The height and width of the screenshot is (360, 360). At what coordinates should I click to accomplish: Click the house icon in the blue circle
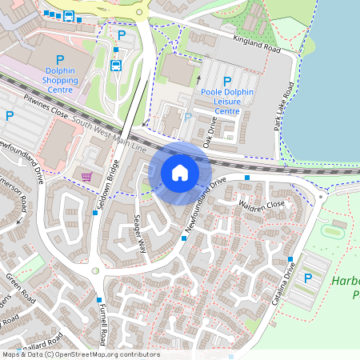[x=180, y=173]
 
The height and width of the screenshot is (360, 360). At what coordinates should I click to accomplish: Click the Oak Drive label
[x=210, y=131]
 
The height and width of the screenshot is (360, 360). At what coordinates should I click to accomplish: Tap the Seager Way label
[x=138, y=235]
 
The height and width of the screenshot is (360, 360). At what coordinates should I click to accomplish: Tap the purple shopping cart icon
[x=86, y=176]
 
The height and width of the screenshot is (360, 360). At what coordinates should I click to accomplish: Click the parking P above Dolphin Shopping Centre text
[x=60, y=60]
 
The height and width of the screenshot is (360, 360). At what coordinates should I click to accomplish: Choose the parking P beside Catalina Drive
[x=308, y=278]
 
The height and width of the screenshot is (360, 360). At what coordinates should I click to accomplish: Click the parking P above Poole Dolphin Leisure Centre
[x=227, y=81]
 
